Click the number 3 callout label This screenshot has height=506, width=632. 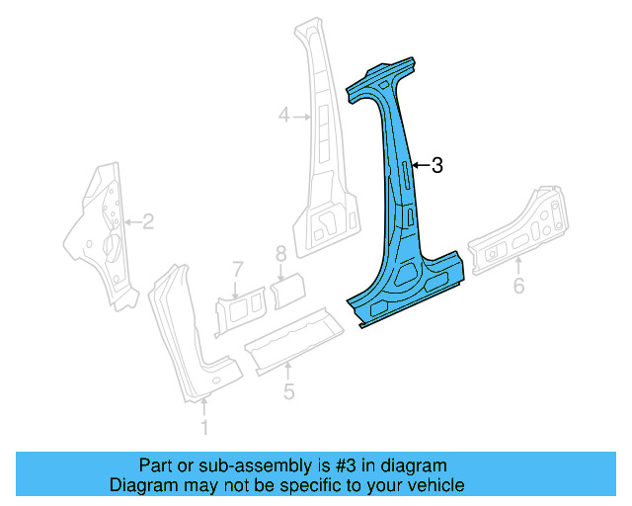click(x=437, y=166)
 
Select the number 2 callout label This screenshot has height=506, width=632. click(x=148, y=222)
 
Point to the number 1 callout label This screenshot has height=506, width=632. click(x=205, y=427)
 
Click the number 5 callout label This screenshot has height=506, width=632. click(x=288, y=392)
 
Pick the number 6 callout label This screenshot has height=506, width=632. click(x=518, y=288)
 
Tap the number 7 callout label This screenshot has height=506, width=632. click(x=237, y=268)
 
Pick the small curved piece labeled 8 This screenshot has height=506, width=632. click(x=288, y=291)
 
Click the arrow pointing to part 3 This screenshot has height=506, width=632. click(x=420, y=166)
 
